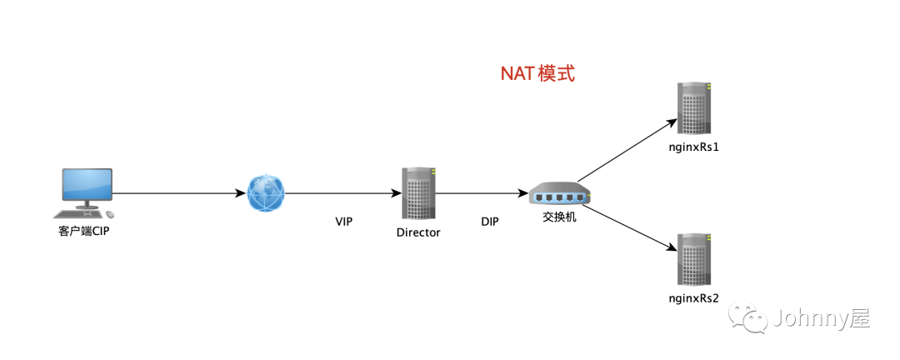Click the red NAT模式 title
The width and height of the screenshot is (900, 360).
537,73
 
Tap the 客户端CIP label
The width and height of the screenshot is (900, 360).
84,231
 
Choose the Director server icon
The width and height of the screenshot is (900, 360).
418,194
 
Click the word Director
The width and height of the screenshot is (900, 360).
418,232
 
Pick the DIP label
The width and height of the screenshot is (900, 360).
490,222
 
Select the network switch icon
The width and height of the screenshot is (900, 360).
559,195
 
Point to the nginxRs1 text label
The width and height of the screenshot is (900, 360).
694,147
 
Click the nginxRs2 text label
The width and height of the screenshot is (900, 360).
694,297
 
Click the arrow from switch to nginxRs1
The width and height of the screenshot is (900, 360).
627,149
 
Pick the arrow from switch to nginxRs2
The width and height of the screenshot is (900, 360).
627,227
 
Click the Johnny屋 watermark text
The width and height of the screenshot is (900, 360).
821,319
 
